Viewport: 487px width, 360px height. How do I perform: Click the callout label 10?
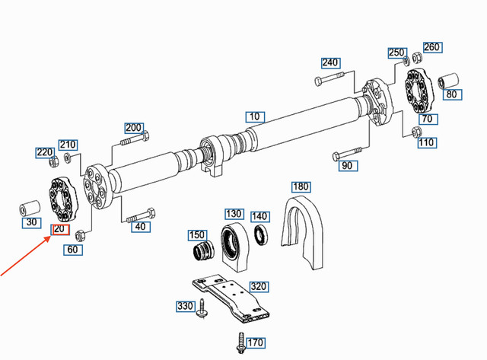point(253,117)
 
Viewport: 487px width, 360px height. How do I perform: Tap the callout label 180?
point(301,186)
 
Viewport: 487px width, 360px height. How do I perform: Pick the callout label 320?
point(259,287)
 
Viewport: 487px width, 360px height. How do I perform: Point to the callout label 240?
point(329,62)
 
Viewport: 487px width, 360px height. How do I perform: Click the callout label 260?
point(431,47)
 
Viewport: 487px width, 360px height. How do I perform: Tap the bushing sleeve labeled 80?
point(449,79)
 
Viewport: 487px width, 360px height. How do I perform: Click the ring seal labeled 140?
point(259,234)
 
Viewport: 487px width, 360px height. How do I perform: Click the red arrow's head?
point(51,237)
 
